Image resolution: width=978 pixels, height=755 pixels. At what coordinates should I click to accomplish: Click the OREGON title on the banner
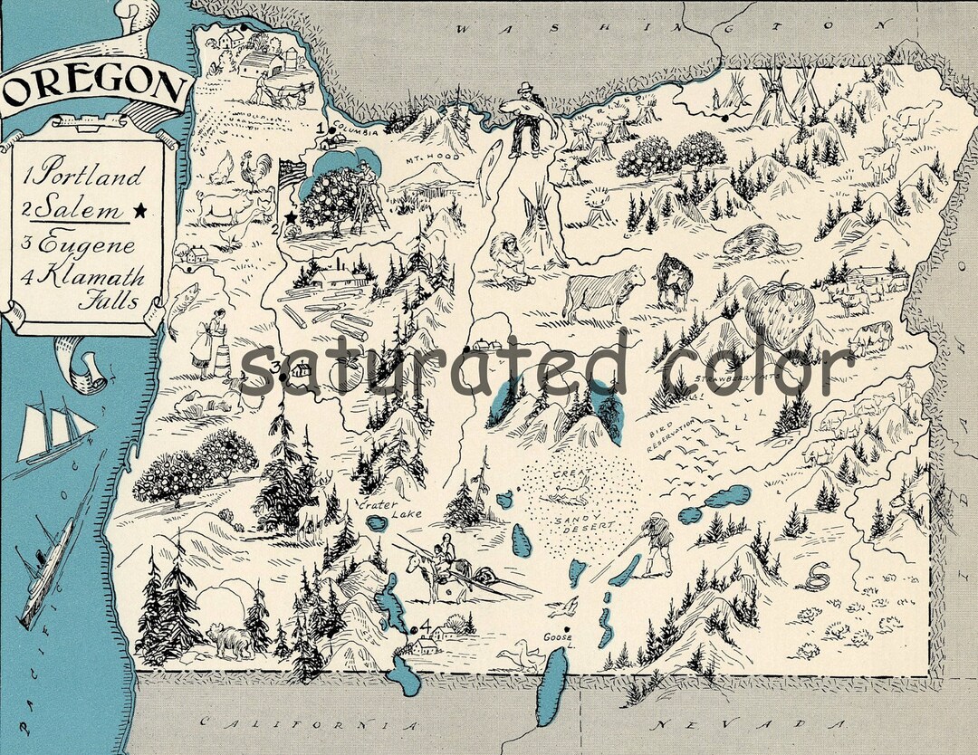[93, 88]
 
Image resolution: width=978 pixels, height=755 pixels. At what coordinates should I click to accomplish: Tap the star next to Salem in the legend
[139, 209]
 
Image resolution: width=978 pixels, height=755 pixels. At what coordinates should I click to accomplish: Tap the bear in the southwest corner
[231, 640]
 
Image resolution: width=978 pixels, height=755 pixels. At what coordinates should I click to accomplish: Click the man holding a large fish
[523, 118]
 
